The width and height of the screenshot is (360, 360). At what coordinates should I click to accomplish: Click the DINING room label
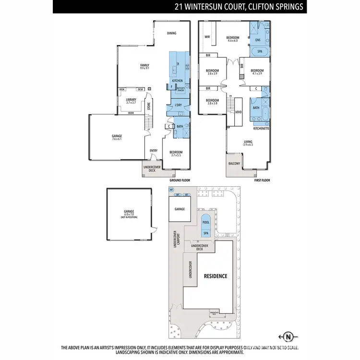pyautogui.click(x=172, y=33)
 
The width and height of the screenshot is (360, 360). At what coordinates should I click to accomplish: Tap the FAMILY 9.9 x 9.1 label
pyautogui.click(x=144, y=67)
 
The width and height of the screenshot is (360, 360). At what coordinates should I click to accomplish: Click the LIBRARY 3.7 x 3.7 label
pyautogui.click(x=131, y=101)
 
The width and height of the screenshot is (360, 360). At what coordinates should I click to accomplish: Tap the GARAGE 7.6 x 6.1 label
pyautogui.click(x=117, y=137)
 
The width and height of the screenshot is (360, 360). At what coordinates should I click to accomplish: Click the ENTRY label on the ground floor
pyautogui.click(x=154, y=151)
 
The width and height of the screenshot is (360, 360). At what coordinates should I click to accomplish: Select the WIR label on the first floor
pyautogui.click(x=207, y=36)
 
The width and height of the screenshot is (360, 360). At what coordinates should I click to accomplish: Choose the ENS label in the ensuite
pyautogui.click(x=258, y=40)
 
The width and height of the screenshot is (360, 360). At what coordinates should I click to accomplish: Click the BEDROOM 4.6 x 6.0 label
pyautogui.click(x=233, y=39)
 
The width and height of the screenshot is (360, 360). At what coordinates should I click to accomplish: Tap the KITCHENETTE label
pyautogui.click(x=261, y=129)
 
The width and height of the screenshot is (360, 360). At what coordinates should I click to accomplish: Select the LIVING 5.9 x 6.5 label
pyautogui.click(x=248, y=143)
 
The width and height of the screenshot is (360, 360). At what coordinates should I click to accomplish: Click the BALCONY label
pyautogui.click(x=234, y=164)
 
